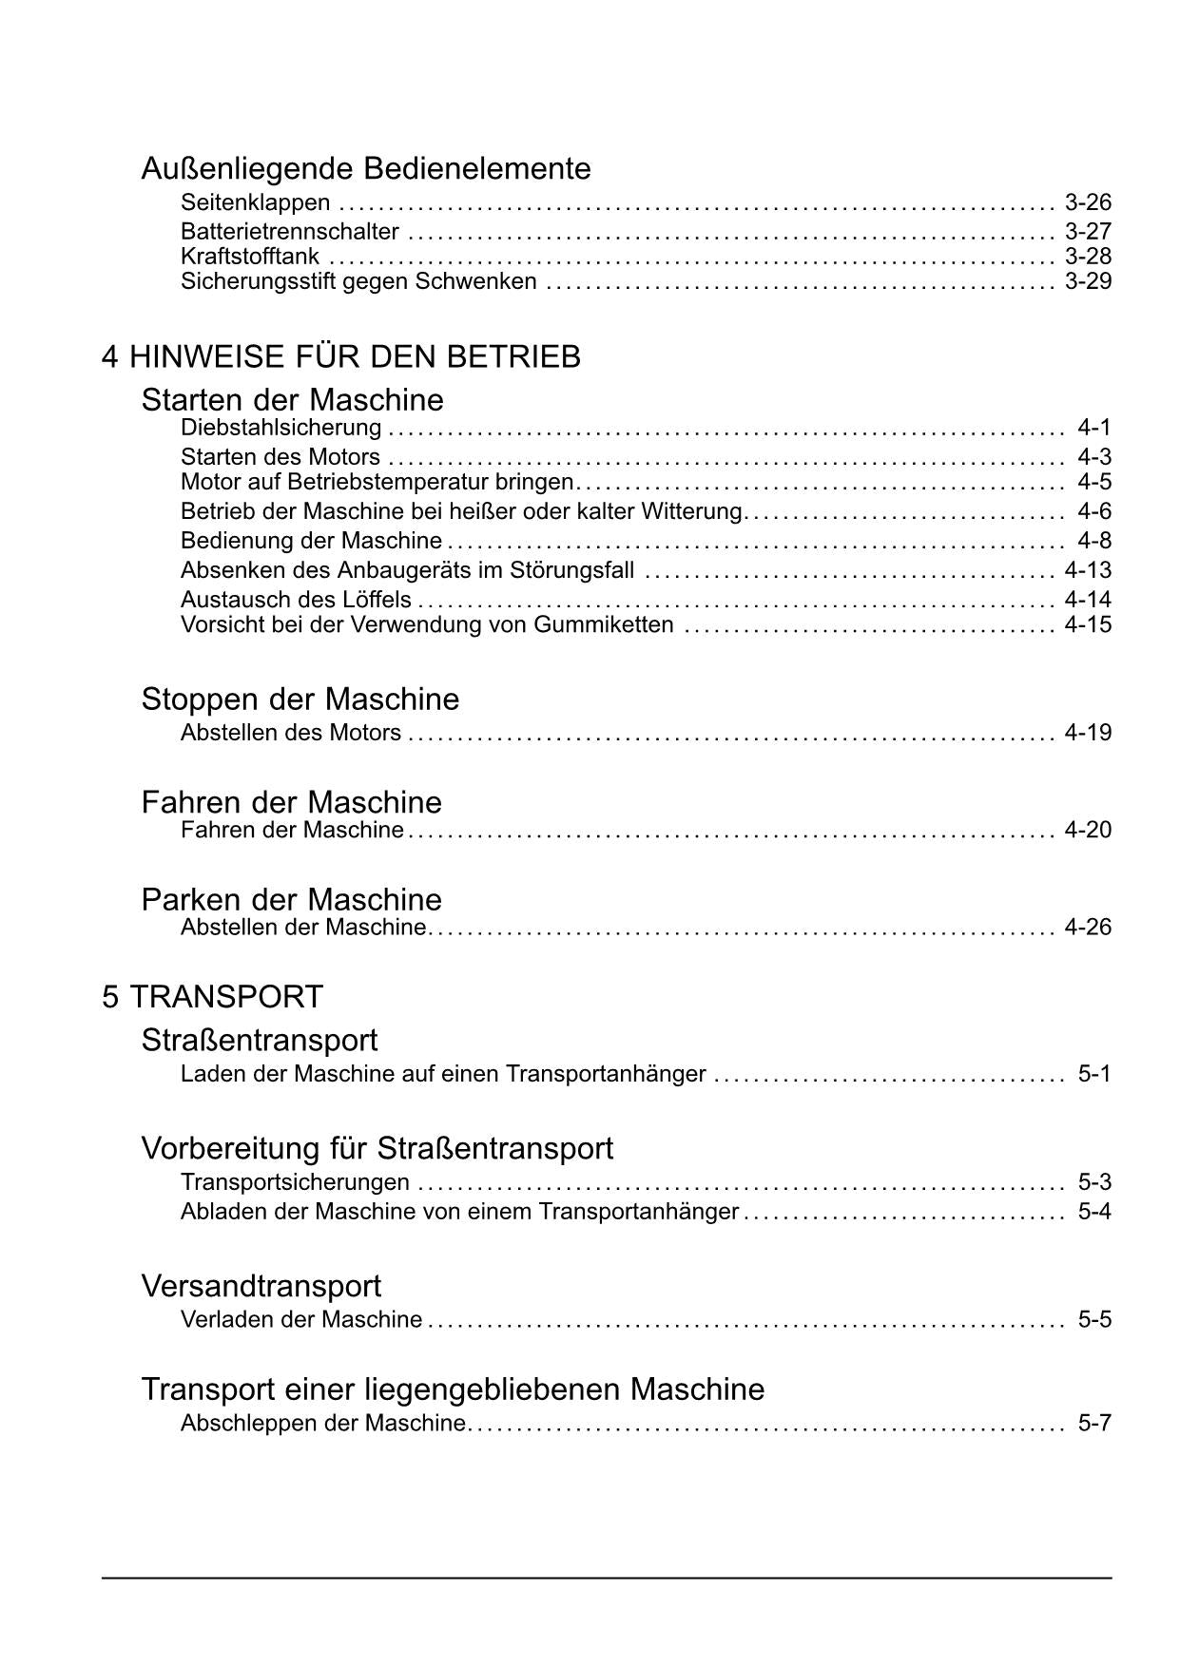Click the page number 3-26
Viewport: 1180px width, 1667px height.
coord(1088,202)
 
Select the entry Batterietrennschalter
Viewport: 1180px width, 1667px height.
coord(290,231)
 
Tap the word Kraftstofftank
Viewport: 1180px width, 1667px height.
coord(250,257)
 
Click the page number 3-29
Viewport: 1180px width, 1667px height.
coord(1088,281)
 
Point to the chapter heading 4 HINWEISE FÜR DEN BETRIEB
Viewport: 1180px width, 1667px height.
coord(341,357)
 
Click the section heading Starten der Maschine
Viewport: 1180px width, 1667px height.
coord(292,399)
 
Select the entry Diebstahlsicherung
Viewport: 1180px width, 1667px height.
coord(281,428)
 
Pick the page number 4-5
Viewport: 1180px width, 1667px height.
coord(1093,482)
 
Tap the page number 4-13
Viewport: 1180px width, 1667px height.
coord(1088,570)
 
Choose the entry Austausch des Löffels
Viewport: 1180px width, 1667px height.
coord(296,600)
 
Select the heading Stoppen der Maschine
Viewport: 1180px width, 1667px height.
coord(300,699)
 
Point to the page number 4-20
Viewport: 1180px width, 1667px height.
coord(1088,830)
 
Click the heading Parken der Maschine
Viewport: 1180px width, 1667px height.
coord(291,899)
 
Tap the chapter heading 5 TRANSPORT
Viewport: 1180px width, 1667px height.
coord(213,997)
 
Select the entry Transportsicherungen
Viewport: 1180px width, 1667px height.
coord(295,1182)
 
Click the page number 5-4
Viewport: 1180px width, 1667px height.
coord(1093,1212)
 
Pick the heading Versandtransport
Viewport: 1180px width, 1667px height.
coord(261,1286)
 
